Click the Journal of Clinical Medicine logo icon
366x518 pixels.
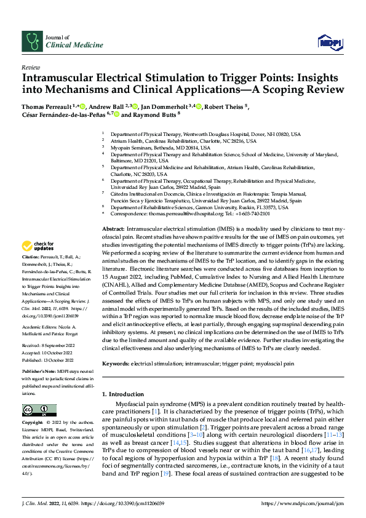point(31,41)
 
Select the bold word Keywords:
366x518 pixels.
point(116,364)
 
